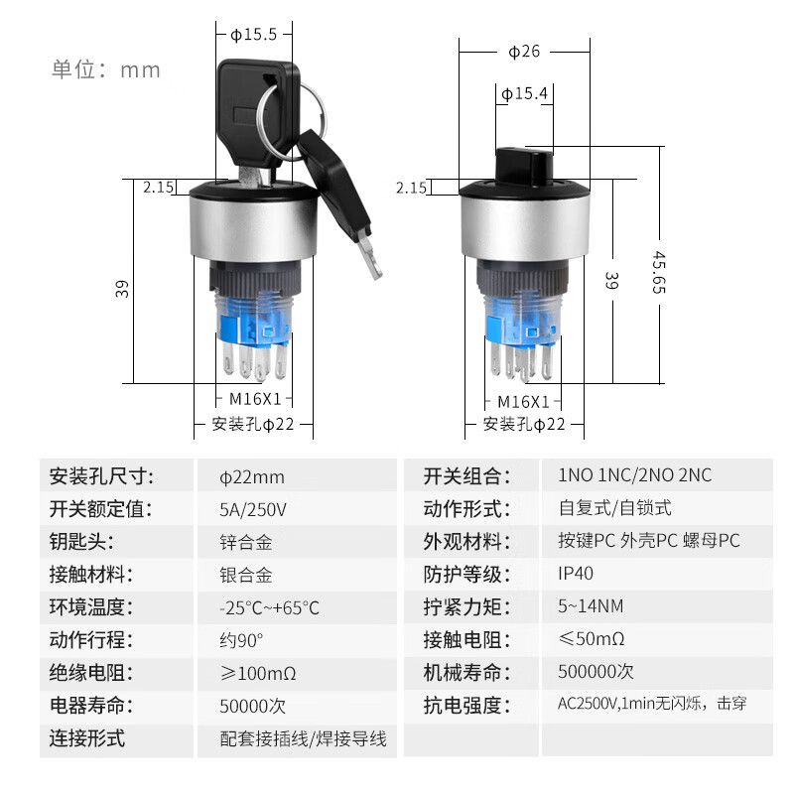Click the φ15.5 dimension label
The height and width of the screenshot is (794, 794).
point(254,35)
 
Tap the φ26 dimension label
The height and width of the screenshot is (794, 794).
point(524,52)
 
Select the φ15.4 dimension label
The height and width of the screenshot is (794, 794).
point(524,93)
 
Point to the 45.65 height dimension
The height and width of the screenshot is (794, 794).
point(659,272)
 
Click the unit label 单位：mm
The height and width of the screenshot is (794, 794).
point(106,69)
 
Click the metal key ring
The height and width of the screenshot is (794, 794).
point(290,121)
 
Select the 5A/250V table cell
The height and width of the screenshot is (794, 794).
point(253,509)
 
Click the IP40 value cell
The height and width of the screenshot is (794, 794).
point(576,574)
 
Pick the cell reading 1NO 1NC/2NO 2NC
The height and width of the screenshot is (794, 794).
point(634,475)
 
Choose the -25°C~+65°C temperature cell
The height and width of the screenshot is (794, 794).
point(269,607)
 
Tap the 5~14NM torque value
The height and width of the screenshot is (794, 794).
point(591,605)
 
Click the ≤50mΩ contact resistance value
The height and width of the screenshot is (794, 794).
point(591,638)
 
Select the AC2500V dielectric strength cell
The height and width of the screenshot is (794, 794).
point(652,704)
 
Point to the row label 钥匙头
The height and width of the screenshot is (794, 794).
point(81,542)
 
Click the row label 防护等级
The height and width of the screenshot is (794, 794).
point(466,575)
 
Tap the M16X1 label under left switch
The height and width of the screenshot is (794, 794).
point(255,399)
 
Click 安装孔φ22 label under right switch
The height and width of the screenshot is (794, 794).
point(524,424)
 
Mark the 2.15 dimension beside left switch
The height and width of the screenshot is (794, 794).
point(159,187)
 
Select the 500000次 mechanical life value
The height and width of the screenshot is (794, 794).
point(595,672)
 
